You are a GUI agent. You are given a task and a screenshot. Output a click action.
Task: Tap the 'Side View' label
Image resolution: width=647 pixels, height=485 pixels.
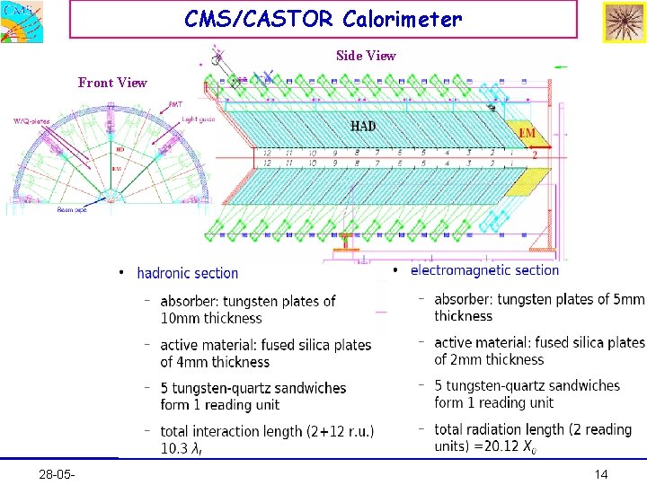366,56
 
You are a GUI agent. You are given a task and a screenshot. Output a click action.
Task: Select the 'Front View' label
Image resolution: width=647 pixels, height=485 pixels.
112,83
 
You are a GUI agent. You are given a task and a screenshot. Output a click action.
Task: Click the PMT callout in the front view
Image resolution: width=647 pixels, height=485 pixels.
176,104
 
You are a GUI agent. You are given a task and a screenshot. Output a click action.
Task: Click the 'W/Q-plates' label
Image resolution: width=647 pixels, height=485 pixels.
32,121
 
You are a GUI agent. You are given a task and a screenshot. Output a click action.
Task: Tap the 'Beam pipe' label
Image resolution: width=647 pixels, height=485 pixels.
72,210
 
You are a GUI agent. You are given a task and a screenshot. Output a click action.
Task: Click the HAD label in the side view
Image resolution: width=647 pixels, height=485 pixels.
363,127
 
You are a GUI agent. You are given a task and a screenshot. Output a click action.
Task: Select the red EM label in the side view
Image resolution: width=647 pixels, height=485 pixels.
527,133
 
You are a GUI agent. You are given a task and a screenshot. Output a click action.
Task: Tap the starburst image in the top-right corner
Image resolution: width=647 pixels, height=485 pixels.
624,22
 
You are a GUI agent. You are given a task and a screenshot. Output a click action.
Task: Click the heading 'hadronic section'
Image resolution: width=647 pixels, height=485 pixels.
188,273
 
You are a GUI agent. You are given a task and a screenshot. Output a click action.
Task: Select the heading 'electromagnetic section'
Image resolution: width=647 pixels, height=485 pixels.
484,269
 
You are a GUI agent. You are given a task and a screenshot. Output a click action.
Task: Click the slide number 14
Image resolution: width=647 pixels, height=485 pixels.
601,473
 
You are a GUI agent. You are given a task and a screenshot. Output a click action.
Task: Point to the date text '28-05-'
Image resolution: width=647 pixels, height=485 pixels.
58,473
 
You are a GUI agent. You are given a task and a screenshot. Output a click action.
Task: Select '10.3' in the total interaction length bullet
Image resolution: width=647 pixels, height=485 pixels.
174,448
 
